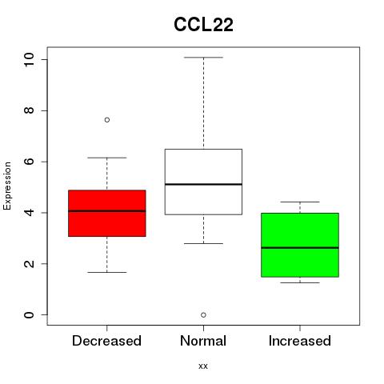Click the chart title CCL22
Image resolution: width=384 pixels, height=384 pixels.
point(203,25)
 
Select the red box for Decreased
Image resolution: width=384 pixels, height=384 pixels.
point(107,214)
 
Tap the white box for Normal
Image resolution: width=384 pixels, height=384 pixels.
point(203,182)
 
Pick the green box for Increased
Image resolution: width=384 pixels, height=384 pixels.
point(300,245)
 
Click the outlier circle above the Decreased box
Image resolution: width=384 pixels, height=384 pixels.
point(107,120)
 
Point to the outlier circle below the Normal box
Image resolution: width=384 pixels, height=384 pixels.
point(203,315)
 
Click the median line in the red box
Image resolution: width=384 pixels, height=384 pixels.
point(107,211)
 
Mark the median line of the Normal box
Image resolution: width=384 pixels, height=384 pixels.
point(203,184)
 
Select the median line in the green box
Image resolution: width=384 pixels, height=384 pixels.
point(300,248)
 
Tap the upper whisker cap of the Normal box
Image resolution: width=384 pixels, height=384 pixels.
point(203,58)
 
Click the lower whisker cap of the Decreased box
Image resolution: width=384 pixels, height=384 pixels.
point(107,272)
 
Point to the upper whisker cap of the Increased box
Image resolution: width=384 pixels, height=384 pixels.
point(300,202)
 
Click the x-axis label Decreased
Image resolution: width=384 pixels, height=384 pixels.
point(106,341)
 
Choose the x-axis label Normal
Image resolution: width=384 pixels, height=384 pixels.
point(203,341)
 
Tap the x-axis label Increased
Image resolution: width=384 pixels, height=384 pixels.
point(300,341)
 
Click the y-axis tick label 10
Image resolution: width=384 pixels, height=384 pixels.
point(29,59)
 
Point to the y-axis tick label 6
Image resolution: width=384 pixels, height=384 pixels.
point(29,162)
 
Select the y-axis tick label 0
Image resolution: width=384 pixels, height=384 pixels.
point(29,315)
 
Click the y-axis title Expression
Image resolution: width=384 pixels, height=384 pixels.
point(7,186)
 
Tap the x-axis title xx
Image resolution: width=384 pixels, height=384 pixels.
point(203,366)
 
